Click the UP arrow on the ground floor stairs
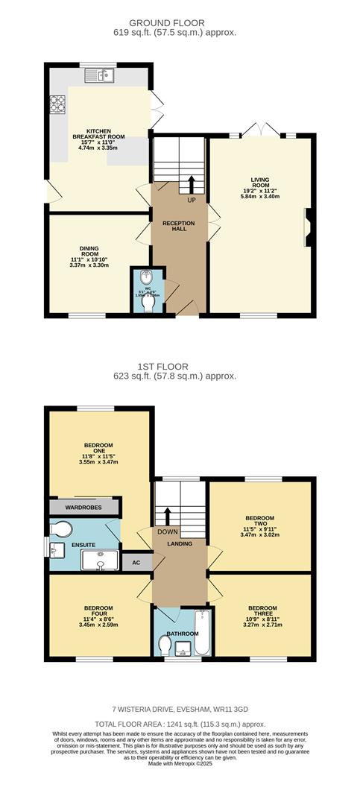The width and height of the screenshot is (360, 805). click(x=192, y=183)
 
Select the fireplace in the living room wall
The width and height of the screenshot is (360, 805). click(x=307, y=227)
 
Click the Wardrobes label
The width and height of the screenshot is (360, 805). click(x=84, y=508)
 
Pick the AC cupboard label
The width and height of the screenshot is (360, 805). click(x=136, y=562)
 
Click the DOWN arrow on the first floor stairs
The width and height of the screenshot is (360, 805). click(x=168, y=517)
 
